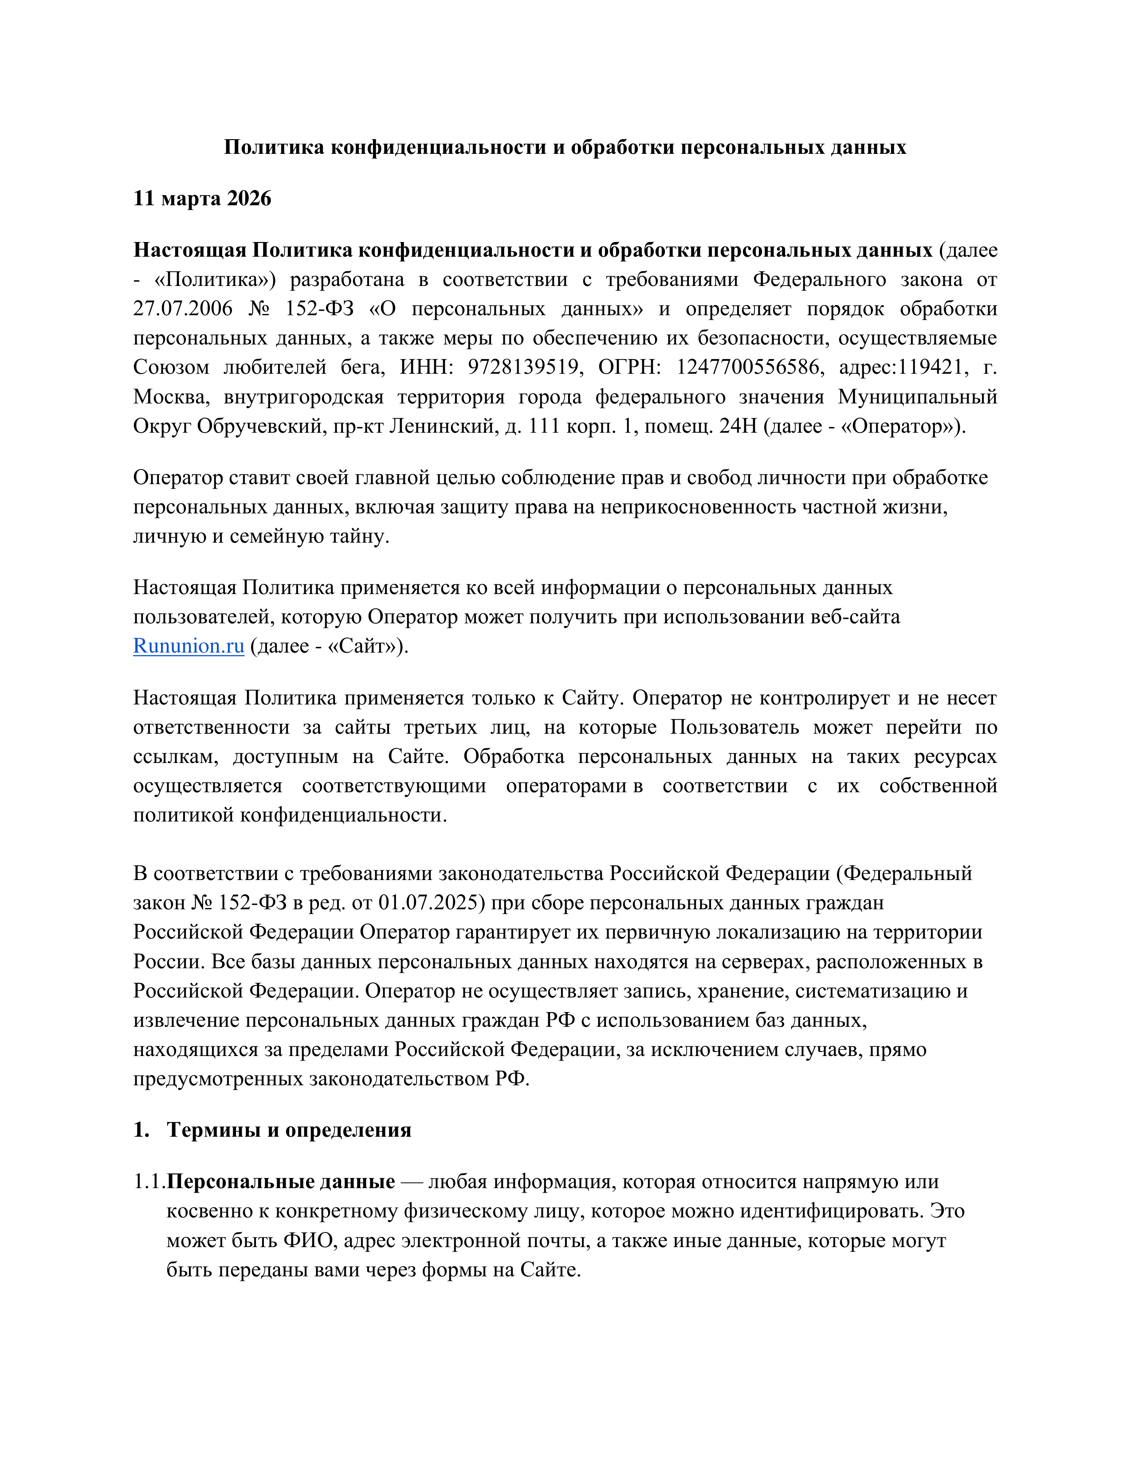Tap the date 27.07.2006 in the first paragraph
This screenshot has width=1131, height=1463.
tap(183, 309)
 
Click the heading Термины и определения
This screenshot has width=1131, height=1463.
tap(289, 1130)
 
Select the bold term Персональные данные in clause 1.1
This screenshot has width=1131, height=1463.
tap(281, 1181)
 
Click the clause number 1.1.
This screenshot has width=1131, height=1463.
tap(149, 1181)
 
